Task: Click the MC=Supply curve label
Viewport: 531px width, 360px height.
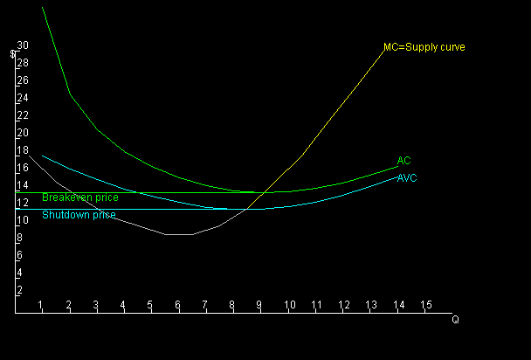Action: [x=424, y=47]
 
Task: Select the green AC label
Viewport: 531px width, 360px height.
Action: [x=403, y=161]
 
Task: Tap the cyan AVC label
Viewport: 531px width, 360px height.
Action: [x=406, y=178]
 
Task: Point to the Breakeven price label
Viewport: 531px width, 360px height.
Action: [x=80, y=197]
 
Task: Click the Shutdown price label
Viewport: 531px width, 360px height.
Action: [x=79, y=215]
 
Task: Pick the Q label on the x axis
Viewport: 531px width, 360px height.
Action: [x=455, y=320]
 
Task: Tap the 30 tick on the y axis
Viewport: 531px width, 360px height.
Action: [x=23, y=45]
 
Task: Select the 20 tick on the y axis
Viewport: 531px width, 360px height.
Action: [x=23, y=133]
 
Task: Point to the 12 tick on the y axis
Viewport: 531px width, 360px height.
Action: [x=23, y=203]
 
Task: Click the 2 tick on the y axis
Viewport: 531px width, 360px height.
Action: [x=19, y=290]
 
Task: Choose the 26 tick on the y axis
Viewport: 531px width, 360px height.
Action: [x=23, y=80]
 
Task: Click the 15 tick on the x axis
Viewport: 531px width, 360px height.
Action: [x=426, y=305]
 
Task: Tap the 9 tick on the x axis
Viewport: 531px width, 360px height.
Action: [x=259, y=305]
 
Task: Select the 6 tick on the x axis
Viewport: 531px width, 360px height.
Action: [x=177, y=305]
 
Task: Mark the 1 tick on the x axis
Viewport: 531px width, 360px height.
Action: [x=41, y=305]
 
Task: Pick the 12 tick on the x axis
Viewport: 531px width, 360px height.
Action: [x=344, y=305]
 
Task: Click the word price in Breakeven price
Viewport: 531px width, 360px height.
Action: [x=107, y=197]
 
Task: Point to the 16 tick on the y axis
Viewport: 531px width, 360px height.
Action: [x=23, y=168]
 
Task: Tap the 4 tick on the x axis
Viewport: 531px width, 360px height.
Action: [x=122, y=305]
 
